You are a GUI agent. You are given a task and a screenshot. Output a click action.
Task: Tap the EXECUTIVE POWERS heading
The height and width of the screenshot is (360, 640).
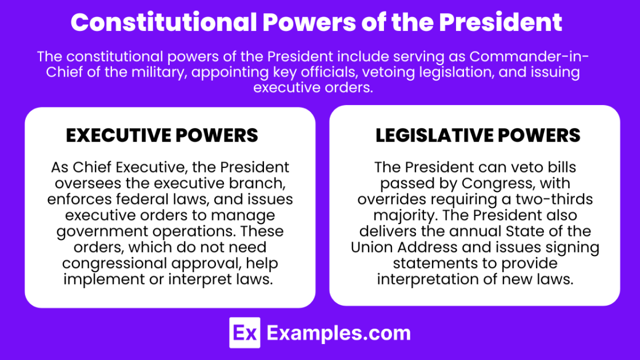point(162,135)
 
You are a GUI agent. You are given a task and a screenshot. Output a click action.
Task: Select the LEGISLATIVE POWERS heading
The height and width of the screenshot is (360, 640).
point(478,135)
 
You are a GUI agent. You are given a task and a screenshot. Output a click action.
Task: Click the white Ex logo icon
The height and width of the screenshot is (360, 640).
point(245,333)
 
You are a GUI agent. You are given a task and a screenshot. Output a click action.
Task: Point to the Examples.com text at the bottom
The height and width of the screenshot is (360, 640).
point(338,333)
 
